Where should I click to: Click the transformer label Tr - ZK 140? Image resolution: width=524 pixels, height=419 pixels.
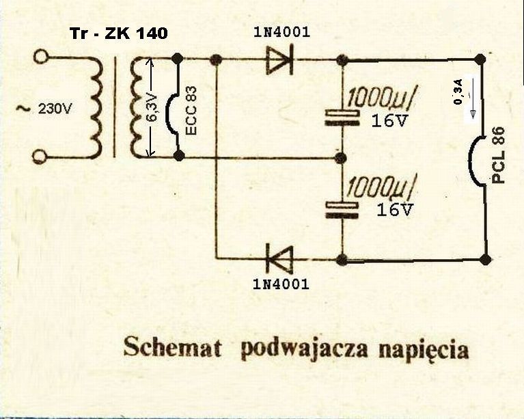click(x=119, y=33)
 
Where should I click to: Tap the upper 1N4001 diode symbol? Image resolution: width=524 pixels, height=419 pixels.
click(x=280, y=59)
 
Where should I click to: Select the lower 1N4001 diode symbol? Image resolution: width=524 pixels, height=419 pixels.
click(x=279, y=259)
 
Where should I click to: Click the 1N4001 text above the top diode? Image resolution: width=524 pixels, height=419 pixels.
click(x=281, y=32)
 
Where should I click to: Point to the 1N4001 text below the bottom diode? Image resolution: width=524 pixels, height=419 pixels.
click(x=281, y=284)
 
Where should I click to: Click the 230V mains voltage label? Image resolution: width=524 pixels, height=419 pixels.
click(x=55, y=109)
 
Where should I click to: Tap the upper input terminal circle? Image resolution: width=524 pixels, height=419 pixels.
click(x=41, y=57)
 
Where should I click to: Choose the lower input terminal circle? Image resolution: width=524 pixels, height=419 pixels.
click(x=40, y=157)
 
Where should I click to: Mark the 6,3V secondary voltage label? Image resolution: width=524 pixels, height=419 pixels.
click(x=152, y=108)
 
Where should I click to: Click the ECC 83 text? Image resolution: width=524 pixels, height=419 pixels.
click(x=191, y=111)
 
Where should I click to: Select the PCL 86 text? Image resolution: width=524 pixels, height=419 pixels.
click(x=498, y=154)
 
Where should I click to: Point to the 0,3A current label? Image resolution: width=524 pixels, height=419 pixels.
click(x=458, y=92)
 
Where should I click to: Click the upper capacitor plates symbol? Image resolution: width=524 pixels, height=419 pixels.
click(x=342, y=118)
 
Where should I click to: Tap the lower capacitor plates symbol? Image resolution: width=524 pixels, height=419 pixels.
click(x=342, y=211)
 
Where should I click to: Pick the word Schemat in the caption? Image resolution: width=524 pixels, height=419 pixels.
click(x=172, y=348)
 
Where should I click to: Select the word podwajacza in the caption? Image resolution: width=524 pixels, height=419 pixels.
click(x=305, y=350)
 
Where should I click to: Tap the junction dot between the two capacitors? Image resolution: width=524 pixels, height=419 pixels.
click(x=341, y=157)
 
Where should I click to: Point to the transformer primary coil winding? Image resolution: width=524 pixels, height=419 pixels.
click(x=94, y=107)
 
